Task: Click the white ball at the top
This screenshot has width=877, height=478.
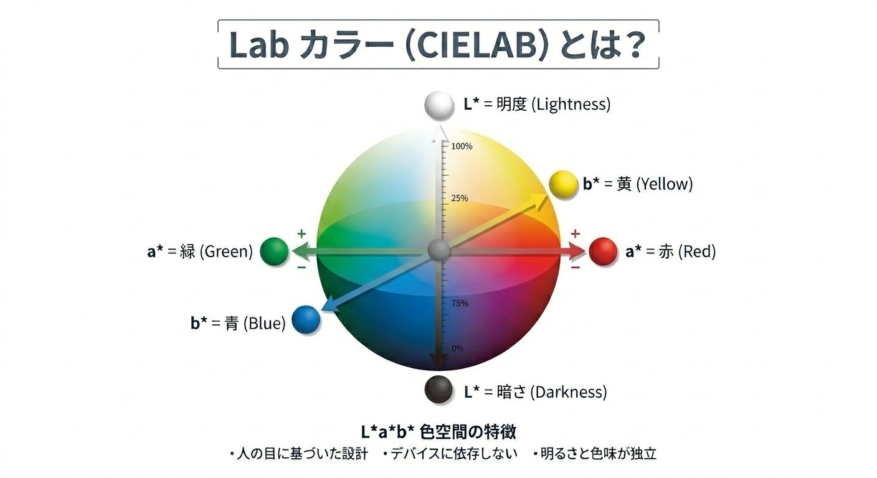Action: [440, 105]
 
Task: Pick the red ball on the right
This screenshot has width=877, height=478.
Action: [602, 251]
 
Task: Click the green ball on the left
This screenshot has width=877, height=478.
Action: [274, 251]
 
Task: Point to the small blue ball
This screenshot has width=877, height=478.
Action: [305, 320]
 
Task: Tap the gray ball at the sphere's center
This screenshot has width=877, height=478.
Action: [439, 251]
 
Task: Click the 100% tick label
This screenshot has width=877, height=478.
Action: [462, 146]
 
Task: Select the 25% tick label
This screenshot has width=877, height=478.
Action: [460, 199]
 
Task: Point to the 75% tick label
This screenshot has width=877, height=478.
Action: [460, 303]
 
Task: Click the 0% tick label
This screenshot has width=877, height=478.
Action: [457, 348]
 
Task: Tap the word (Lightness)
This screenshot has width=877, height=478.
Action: [570, 105]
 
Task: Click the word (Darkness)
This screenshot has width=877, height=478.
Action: [568, 392]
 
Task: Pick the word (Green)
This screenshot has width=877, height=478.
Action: [225, 252]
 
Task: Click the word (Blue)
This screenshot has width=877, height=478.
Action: [264, 324]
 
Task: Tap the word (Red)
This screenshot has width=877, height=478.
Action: [697, 252]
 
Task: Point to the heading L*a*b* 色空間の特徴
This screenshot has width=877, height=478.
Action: [439, 431]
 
